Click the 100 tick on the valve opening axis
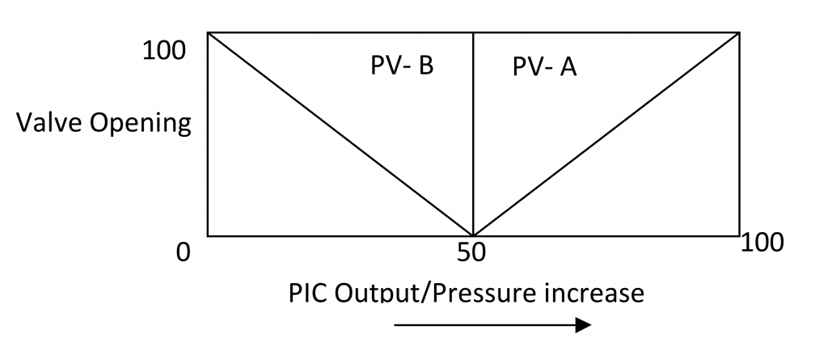point(164,51)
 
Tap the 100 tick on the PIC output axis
point(763,243)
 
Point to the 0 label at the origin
point(183,252)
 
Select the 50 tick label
point(471,252)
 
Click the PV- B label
point(402,66)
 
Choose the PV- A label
point(544,68)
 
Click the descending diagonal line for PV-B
point(340,134)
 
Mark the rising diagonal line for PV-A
point(606,134)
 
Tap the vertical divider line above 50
point(473,134)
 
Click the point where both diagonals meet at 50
point(473,235)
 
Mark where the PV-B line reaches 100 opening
point(208,33)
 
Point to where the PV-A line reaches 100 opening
point(739,33)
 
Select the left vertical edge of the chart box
point(208,134)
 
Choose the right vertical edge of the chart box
point(739,134)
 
